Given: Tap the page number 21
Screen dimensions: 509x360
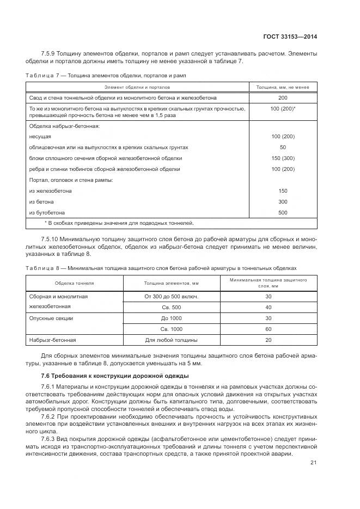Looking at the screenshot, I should pos(313,463).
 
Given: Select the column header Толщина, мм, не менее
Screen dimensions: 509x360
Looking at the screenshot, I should pos(283,87).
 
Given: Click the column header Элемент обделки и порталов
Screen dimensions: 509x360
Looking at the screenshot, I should pos(137,87).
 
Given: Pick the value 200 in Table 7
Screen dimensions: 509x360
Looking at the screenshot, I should pos(283,98).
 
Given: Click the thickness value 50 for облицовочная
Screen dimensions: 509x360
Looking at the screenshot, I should pos(283,148).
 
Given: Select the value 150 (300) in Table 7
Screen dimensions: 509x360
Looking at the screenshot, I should pos(283,158).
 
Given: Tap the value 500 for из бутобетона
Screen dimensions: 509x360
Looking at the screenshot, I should pos(283,213).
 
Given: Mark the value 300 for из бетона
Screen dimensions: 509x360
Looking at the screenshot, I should pos(283,202).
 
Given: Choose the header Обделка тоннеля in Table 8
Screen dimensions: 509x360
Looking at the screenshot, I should pos(74,284).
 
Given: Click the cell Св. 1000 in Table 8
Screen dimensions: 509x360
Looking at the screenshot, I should pos(171,329).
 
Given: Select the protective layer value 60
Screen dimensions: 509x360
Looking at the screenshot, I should pos(268,329).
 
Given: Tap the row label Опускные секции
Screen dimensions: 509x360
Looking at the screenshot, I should pos(51,318).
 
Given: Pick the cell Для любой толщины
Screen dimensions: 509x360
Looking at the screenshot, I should pos(171,340).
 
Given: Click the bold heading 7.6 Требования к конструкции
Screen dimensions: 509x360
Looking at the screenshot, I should pos(115,376).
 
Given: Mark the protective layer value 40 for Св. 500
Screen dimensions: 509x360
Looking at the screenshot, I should pos(268,308).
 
